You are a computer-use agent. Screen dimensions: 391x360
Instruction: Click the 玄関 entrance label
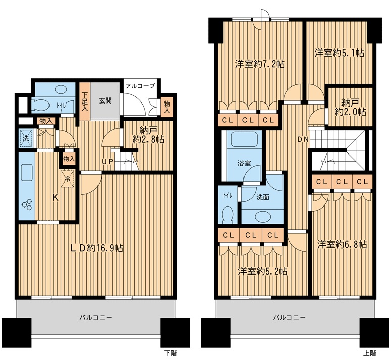[x=105, y=101]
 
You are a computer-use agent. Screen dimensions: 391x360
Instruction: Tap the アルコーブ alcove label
[x=140, y=86]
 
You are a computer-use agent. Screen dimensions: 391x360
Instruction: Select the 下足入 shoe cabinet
[x=85, y=101]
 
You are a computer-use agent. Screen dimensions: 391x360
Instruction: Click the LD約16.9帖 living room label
[x=97, y=248]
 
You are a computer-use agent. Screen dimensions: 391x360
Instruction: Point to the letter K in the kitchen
[x=55, y=198]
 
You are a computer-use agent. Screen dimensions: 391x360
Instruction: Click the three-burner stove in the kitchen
[x=27, y=204]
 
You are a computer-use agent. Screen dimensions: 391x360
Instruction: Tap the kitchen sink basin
[x=27, y=172]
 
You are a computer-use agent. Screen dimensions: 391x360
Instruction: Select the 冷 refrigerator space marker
[x=68, y=178]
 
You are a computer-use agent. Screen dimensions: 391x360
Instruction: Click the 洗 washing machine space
[x=26, y=138]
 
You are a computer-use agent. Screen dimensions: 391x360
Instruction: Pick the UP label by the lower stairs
[x=108, y=161]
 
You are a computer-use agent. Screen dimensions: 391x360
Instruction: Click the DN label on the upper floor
[x=303, y=139]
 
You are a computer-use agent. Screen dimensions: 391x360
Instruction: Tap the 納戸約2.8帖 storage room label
[x=149, y=135]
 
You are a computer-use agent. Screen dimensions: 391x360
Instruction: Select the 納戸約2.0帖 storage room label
[x=351, y=107]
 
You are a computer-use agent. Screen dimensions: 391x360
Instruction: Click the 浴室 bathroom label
[x=244, y=163]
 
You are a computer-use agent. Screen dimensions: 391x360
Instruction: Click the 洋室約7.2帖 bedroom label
[x=260, y=64]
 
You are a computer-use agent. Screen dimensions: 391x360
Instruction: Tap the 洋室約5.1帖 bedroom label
[x=339, y=53]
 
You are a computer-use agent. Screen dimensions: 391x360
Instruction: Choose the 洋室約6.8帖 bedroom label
[x=342, y=244]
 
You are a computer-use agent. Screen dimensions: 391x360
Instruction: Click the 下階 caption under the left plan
[x=171, y=353]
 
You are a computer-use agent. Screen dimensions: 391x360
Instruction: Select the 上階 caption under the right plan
[x=370, y=353]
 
